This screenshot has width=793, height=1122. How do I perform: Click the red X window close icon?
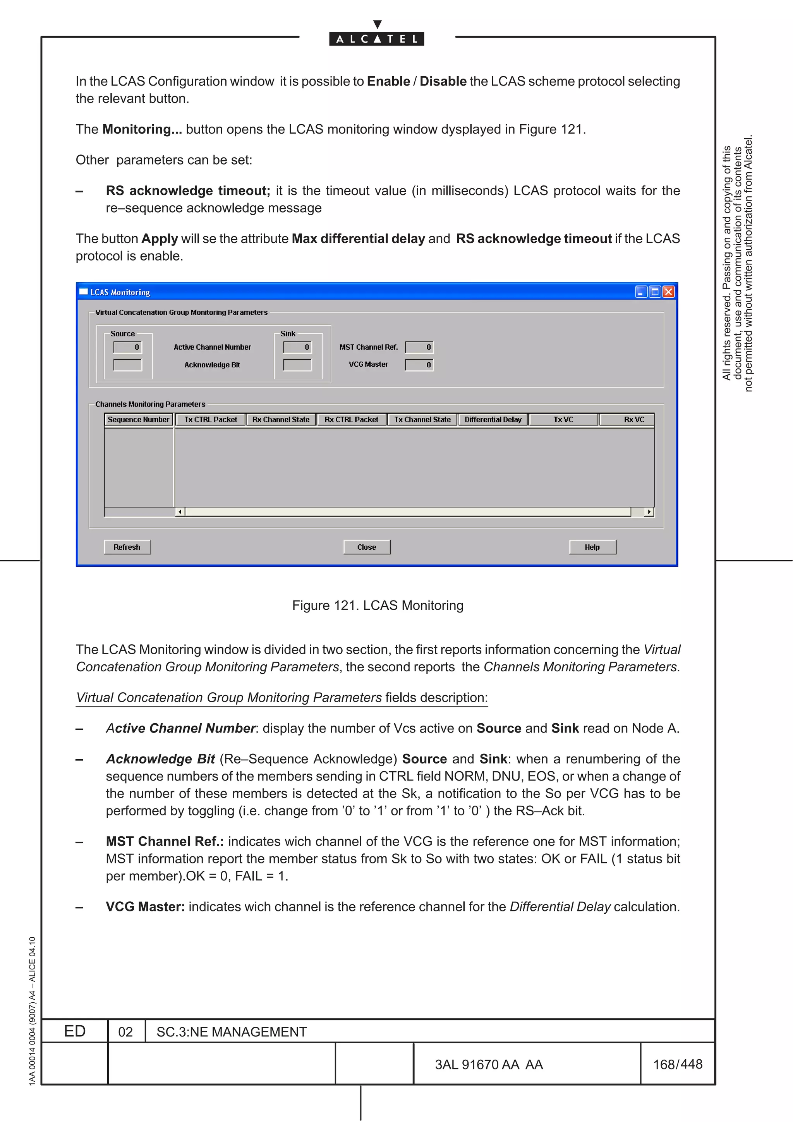668,292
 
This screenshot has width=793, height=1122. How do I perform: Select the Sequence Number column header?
138,419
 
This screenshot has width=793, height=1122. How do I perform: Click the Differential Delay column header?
493,419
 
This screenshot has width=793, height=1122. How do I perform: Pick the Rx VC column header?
634,419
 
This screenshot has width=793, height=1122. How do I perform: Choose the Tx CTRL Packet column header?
211,419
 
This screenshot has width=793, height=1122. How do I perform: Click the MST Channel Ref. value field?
419,347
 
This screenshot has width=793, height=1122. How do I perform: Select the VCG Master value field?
419,365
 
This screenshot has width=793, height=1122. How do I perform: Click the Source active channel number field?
127,347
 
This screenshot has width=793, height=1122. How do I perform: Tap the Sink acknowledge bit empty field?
297,365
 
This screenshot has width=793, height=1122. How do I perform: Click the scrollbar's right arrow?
649,512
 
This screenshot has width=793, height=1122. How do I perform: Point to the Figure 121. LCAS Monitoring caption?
378,606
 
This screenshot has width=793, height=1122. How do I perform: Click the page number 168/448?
677,1064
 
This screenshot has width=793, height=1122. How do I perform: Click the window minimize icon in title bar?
641,292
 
